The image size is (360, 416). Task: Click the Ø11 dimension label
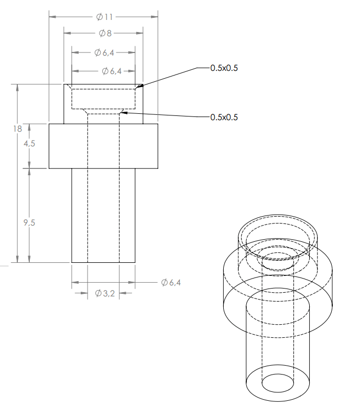[x=104, y=17]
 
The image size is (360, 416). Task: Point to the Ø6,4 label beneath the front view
[x=171, y=283]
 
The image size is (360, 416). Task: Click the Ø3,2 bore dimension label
[x=105, y=294]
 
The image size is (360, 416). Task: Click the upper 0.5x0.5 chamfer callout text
[x=224, y=68]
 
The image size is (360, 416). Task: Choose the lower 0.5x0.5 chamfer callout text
[x=224, y=118]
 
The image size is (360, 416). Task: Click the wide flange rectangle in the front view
[x=103, y=146]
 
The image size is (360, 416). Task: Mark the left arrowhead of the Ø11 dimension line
[x=51, y=17]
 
